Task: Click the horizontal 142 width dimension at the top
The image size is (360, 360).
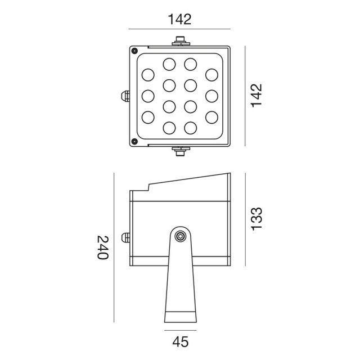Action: [x=179, y=20]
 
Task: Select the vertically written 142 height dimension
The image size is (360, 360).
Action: [x=256, y=96]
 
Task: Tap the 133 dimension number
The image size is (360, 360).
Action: [x=256, y=219]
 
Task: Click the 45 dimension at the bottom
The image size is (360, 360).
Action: [x=180, y=341]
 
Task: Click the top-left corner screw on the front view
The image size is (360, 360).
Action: [x=134, y=51]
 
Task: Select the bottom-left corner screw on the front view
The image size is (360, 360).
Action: [x=134, y=141]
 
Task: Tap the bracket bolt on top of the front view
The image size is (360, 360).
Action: [x=180, y=41]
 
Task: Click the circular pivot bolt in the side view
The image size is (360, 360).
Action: [x=180, y=236]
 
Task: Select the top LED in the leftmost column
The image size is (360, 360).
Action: [x=148, y=74]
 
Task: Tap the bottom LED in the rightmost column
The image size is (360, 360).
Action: [x=211, y=117]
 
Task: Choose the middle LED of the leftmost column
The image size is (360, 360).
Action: [x=148, y=96]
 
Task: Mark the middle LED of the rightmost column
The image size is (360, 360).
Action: [x=211, y=96]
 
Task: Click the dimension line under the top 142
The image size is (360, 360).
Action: [x=179, y=29]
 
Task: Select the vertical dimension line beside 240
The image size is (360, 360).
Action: [x=114, y=247]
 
